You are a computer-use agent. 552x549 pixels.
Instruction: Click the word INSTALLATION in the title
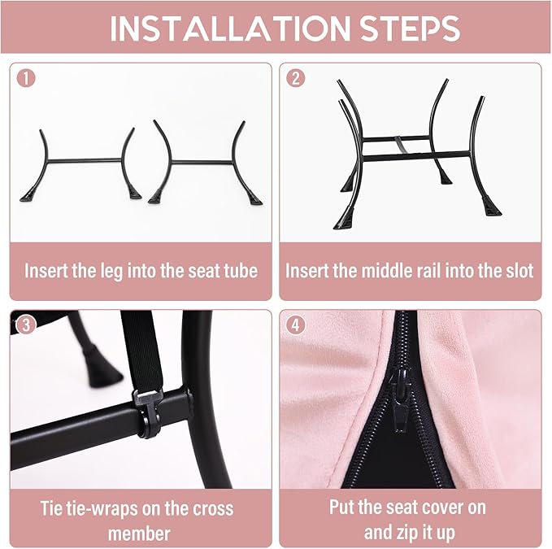pyautogui.click(x=230, y=28)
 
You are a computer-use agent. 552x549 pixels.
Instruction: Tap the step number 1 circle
pyautogui.click(x=26, y=78)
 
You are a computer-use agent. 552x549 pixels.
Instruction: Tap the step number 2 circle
pyautogui.click(x=296, y=78)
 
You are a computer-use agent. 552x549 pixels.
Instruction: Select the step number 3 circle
pyautogui.click(x=26, y=325)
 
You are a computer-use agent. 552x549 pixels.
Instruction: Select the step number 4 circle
pyautogui.click(x=296, y=325)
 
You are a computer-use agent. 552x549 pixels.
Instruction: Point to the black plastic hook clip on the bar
pyautogui.click(x=148, y=412)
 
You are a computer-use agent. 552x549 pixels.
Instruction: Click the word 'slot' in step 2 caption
pyautogui.click(x=519, y=271)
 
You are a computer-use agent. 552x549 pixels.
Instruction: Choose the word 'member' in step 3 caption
pyautogui.click(x=139, y=534)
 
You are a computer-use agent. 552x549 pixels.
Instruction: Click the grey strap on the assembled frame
pyautogui.click(x=399, y=145)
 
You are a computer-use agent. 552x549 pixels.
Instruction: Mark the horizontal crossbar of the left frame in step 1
pyautogui.click(x=85, y=161)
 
